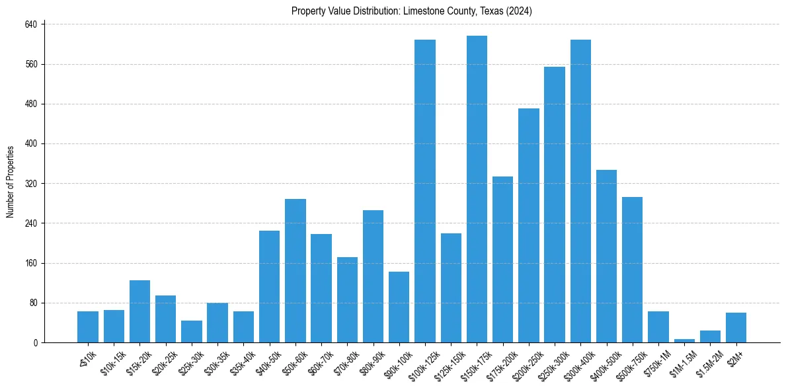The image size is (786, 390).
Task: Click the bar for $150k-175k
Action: pyautogui.click(x=477, y=189)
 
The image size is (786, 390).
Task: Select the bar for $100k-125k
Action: pyautogui.click(x=425, y=191)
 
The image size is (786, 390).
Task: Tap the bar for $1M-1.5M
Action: pyautogui.click(x=684, y=340)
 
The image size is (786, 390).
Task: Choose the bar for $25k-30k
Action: pyautogui.click(x=192, y=331)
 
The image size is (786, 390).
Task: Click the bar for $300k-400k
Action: pyautogui.click(x=580, y=191)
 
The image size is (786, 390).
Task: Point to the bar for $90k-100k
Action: pyautogui.click(x=399, y=307)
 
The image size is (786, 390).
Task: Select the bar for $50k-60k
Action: pyautogui.click(x=295, y=270)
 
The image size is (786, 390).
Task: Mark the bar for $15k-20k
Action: pyautogui.click(x=139, y=311)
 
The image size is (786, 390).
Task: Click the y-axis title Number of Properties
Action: pyautogui.click(x=11, y=182)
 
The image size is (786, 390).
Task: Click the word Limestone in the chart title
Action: pyautogui.click(x=420, y=11)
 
